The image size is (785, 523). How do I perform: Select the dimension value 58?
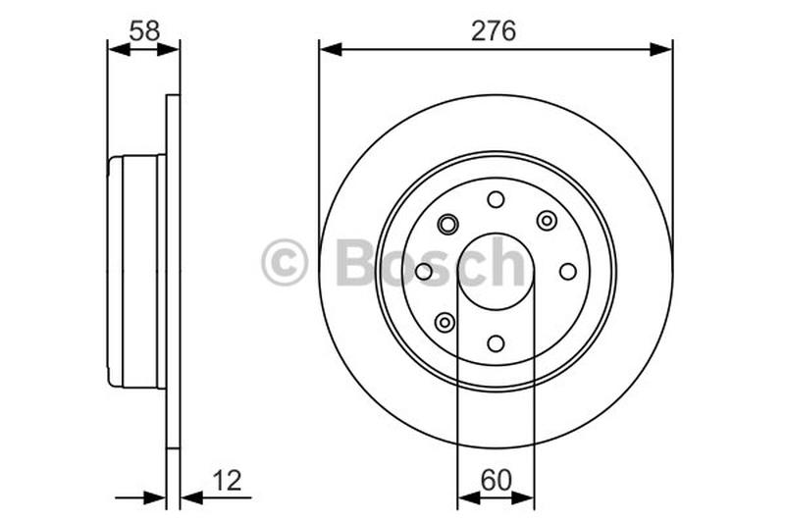tap(144, 30)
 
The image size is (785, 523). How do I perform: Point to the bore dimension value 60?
tap(496, 480)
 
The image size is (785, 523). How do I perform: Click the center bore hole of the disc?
tap(496, 272)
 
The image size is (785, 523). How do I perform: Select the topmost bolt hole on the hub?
tap(496, 199)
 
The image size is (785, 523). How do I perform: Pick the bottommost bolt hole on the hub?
tap(496, 343)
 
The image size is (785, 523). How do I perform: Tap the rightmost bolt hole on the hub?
tap(567, 271)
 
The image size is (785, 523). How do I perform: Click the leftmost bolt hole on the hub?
tap(424, 272)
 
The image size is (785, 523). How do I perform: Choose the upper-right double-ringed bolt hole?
tap(547, 221)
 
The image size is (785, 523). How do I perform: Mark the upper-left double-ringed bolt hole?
tap(447, 224)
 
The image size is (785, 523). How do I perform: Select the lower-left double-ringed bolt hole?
tap(445, 322)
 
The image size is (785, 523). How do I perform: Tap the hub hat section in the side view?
tap(135, 272)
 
